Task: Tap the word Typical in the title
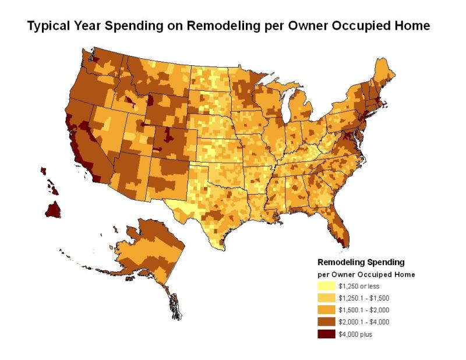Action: pyautogui.click(x=48, y=26)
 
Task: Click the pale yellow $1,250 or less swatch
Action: pyautogui.click(x=326, y=286)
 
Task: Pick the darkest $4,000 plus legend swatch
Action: pyautogui.click(x=326, y=334)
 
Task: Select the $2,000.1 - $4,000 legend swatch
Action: pyautogui.click(x=326, y=322)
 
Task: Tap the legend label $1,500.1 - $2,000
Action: pyautogui.click(x=363, y=310)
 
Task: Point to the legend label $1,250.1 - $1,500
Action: pyautogui.click(x=363, y=298)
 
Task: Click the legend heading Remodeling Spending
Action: pyautogui.click(x=361, y=262)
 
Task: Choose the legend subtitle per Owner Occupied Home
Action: pyautogui.click(x=366, y=274)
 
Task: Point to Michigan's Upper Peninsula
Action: pyautogui.click(x=281, y=87)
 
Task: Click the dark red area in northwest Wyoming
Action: pyautogui.click(x=150, y=100)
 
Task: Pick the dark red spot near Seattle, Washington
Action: pyautogui.click(x=96, y=59)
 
